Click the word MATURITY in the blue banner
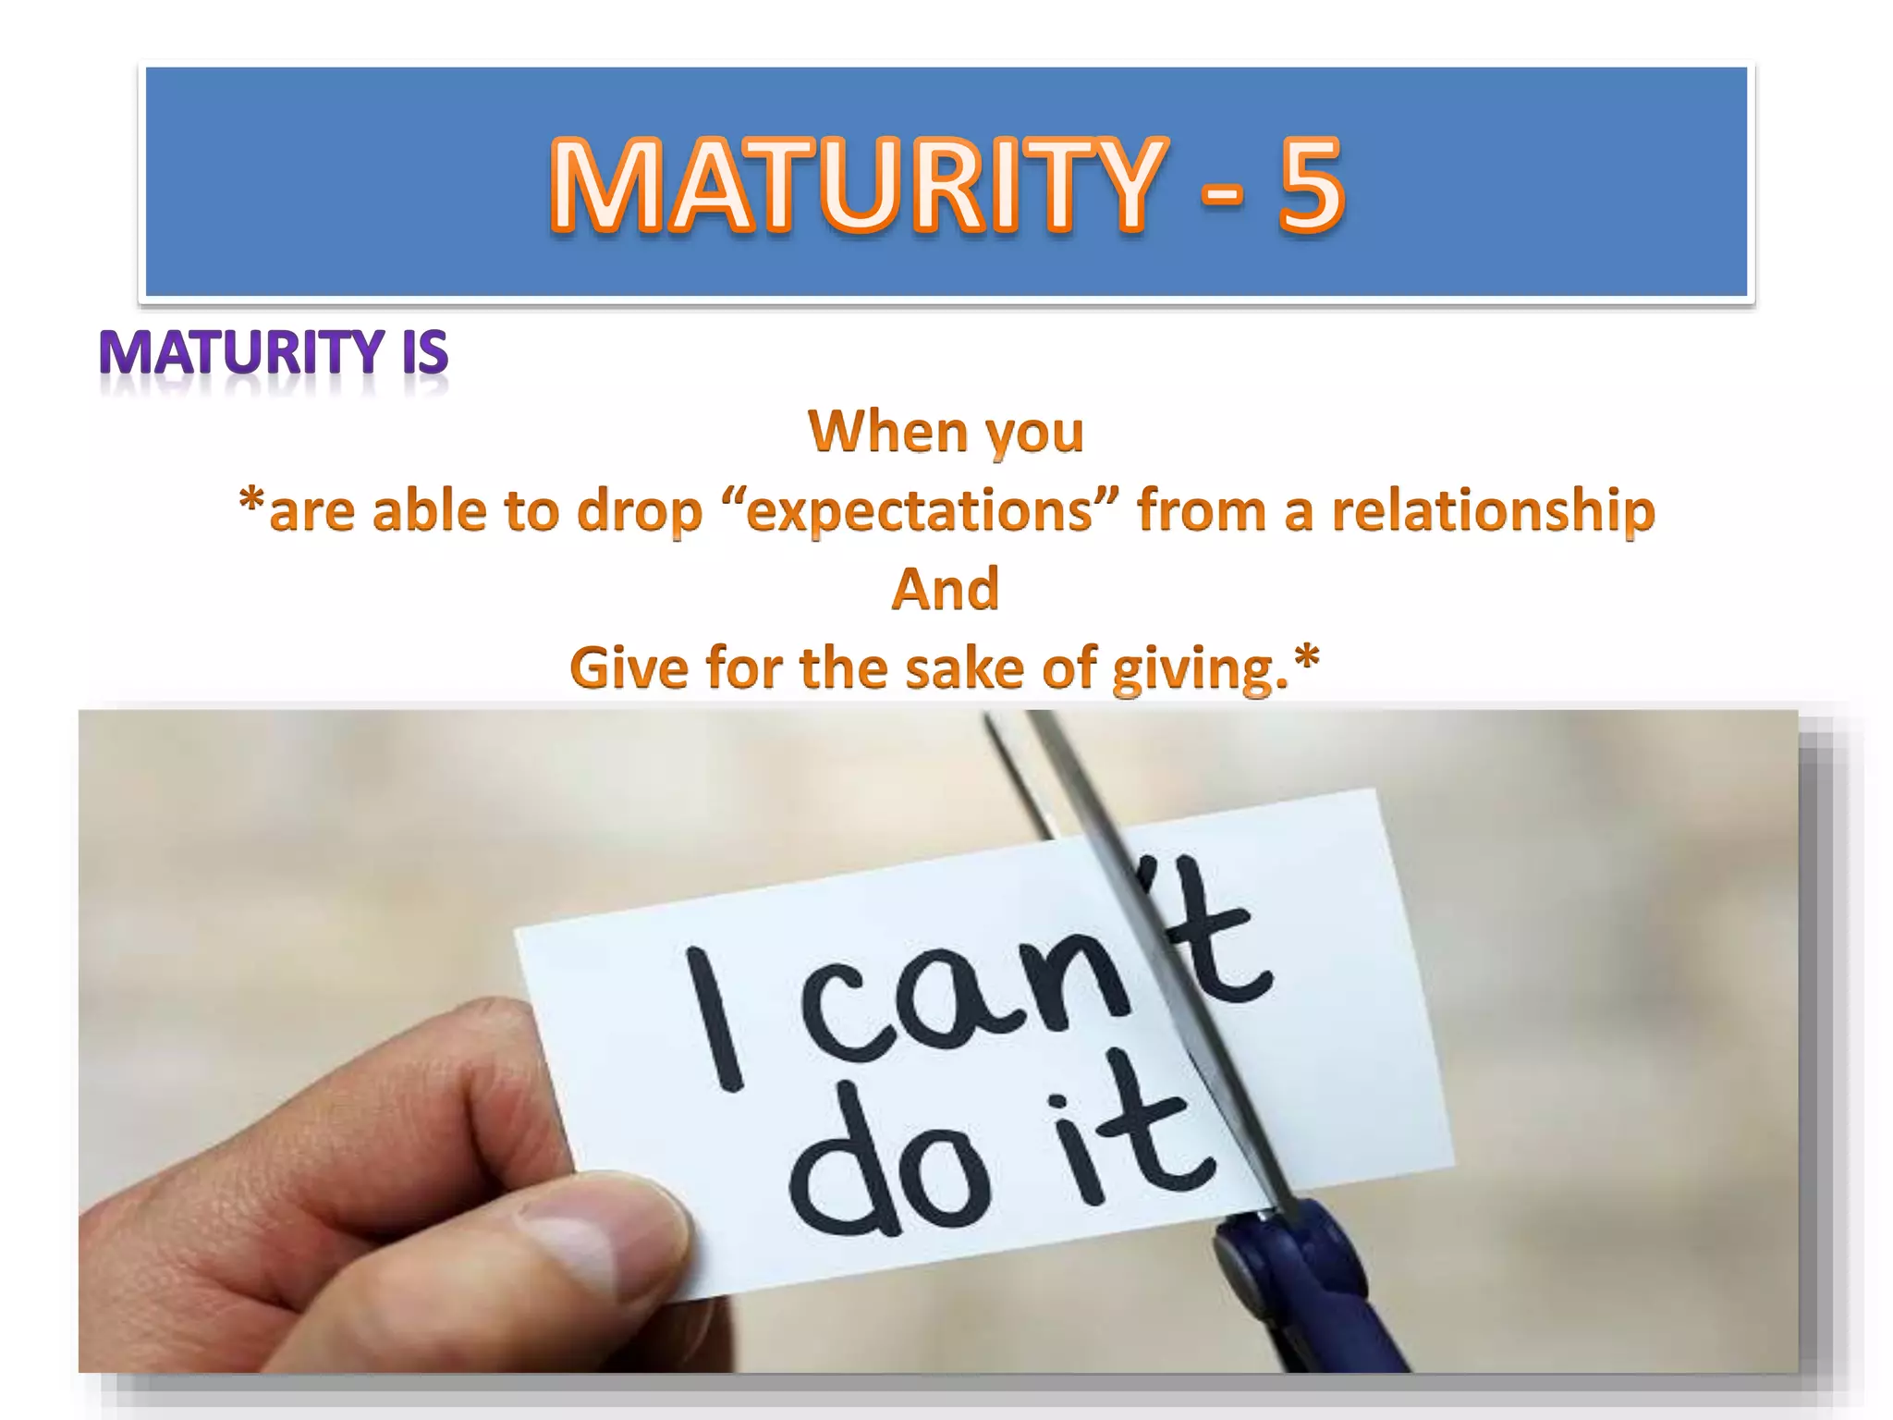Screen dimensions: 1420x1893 [855, 183]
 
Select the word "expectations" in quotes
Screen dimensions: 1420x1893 [919, 511]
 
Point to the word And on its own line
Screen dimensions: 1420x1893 [946, 589]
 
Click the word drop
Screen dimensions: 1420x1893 [640, 511]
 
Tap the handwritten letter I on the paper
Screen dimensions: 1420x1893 [714, 1017]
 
